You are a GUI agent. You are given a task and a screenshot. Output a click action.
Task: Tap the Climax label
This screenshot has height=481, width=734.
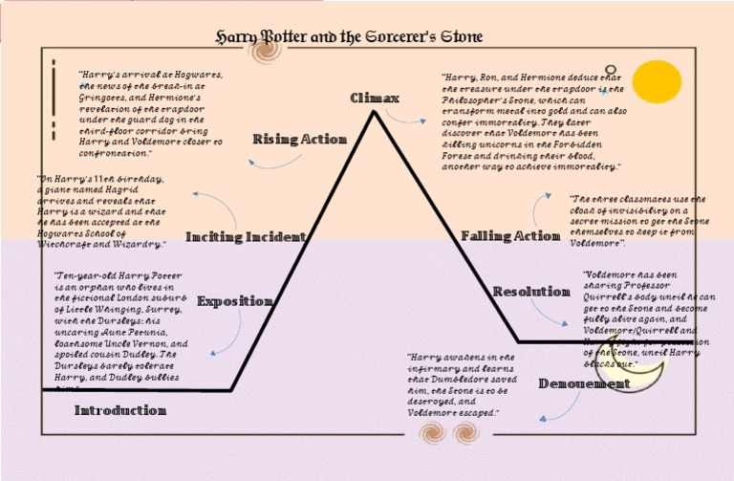pyautogui.click(x=375, y=98)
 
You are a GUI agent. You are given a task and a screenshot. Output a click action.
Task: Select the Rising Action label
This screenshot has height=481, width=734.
pyautogui.click(x=299, y=140)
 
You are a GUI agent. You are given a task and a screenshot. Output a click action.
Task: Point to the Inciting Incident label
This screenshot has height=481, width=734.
pyautogui.click(x=246, y=236)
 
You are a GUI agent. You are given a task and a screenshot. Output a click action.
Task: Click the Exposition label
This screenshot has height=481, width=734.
pyautogui.click(x=234, y=301)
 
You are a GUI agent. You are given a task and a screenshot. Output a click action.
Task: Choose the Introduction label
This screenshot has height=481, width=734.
pyautogui.click(x=120, y=410)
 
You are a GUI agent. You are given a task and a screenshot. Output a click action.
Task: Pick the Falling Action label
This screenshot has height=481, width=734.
pyautogui.click(x=509, y=236)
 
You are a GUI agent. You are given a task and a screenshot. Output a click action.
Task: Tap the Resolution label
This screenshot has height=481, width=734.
pyautogui.click(x=531, y=292)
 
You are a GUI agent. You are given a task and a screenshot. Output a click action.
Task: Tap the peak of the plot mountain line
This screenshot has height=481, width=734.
pyautogui.click(x=374, y=112)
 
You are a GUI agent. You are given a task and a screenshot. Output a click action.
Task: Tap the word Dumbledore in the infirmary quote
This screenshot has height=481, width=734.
pyautogui.click(x=452, y=380)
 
